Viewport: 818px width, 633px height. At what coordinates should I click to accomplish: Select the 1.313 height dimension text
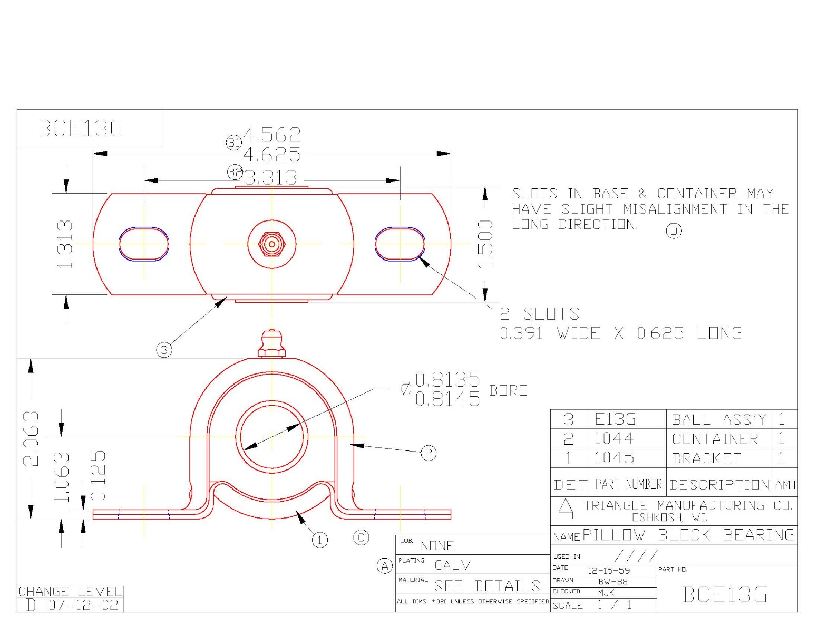(64, 244)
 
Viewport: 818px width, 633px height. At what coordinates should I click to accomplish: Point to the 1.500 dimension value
(485, 244)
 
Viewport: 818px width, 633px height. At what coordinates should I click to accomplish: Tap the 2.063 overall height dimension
(31, 438)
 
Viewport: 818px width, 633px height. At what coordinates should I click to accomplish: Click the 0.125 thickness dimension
(98, 475)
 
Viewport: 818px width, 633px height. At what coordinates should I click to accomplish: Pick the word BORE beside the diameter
(508, 390)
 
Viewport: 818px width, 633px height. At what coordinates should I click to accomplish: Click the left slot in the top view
(144, 244)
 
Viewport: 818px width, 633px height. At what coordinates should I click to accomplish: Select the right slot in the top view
(400, 244)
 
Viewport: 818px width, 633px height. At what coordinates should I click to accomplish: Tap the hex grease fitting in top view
(271, 244)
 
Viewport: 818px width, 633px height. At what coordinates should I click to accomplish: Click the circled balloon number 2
(429, 453)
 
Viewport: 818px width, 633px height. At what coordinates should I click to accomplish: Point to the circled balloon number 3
(164, 349)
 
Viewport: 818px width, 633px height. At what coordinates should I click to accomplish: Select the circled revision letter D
(674, 231)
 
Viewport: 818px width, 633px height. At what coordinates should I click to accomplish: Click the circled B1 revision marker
(233, 142)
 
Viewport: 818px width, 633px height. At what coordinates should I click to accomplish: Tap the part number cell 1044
(614, 438)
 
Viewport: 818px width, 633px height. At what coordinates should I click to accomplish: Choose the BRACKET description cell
(707, 458)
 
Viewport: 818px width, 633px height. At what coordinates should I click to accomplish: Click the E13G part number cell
(615, 419)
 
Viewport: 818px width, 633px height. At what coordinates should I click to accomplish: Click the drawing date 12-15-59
(609, 571)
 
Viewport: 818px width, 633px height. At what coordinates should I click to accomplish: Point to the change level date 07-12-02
(84, 605)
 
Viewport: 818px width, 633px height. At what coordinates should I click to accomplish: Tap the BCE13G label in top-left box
(81, 128)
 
